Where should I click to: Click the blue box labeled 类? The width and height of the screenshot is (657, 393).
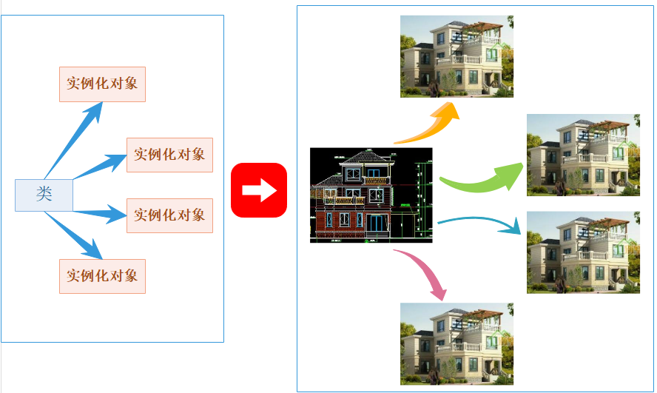pos(44,195)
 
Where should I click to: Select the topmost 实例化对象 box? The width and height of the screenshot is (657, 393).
pos(102,84)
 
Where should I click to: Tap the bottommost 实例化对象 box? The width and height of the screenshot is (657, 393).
pos(102,276)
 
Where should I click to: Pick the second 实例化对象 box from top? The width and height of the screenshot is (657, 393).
pos(169,155)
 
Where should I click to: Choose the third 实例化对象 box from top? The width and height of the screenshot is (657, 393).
pos(169,216)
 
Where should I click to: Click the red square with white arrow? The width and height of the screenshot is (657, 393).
pos(259,190)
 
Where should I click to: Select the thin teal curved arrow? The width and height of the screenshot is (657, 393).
pos(478,219)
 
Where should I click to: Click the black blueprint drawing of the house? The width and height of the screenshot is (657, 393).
pos(371,195)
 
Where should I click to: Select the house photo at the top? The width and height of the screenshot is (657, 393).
pos(456,56)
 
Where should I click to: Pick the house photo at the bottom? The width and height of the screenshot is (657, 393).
pos(456,344)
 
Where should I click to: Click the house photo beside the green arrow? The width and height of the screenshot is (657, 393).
pos(583,155)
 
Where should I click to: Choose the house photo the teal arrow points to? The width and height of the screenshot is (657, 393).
pos(583,252)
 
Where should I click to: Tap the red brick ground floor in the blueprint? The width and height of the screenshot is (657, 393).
pos(353,224)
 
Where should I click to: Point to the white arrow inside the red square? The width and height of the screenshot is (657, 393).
pos(260,190)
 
